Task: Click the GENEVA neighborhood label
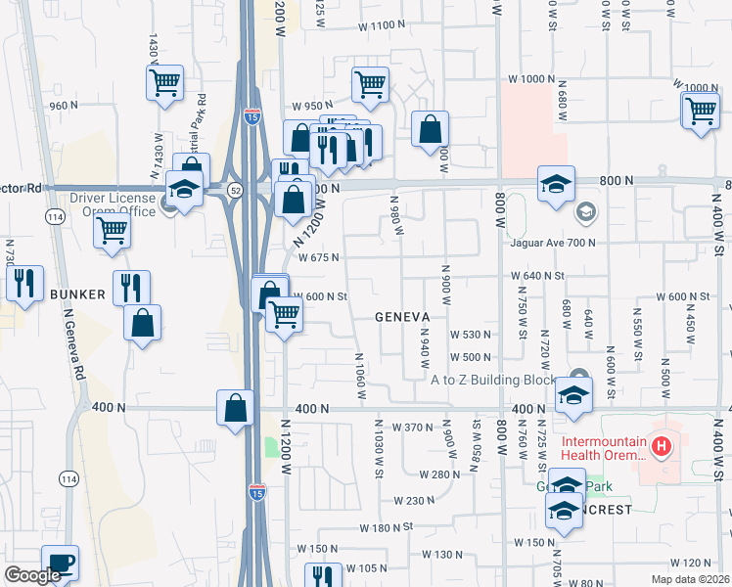[403, 317]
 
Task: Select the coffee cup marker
[61, 562]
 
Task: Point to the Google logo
[32, 575]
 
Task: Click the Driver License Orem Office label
[113, 204]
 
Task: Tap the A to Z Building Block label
[493, 380]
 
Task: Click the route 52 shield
[236, 186]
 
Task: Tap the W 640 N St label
[538, 276]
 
